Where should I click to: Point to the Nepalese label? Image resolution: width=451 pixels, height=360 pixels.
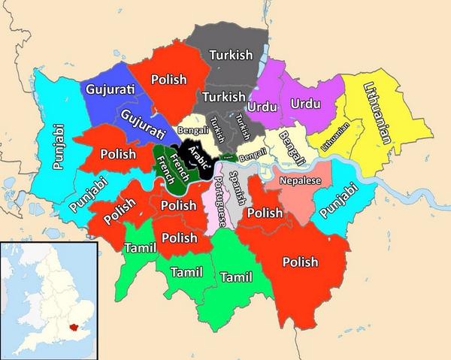pos(300,181)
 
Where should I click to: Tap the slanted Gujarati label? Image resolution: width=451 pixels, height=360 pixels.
pos(142,122)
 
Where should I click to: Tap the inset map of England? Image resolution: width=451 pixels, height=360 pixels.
pos(48,301)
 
